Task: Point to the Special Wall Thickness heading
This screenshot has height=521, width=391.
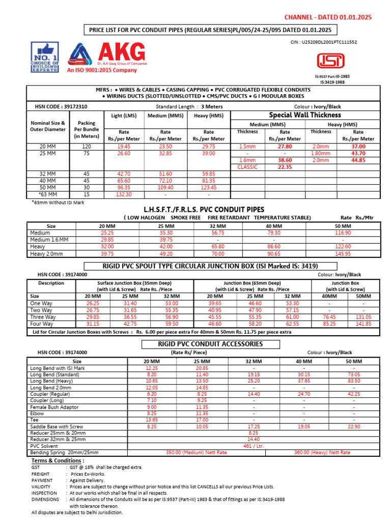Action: [305, 115]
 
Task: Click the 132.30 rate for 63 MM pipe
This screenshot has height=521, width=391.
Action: [123, 194]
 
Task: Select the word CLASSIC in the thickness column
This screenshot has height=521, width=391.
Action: [248, 167]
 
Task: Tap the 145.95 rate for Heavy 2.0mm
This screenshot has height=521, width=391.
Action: [343, 253]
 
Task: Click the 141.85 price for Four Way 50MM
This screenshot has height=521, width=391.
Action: [364, 324]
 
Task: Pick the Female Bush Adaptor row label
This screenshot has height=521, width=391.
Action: [55, 407]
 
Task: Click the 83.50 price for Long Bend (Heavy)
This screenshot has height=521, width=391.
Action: [354, 381]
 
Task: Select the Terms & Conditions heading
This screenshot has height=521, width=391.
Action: [58, 460]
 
